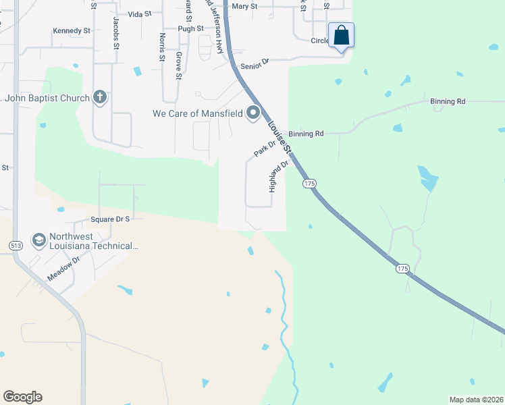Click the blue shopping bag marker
point(342,35)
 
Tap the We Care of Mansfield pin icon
point(253,113)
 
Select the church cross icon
point(100,98)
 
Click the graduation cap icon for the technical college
point(39,240)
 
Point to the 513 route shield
point(15,244)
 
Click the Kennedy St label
point(72,31)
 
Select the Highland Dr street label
point(278,175)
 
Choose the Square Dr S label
point(109,219)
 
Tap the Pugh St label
point(190,29)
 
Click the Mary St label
point(244,6)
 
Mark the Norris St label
point(162,47)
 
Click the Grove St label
point(178,65)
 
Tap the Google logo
point(22,397)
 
